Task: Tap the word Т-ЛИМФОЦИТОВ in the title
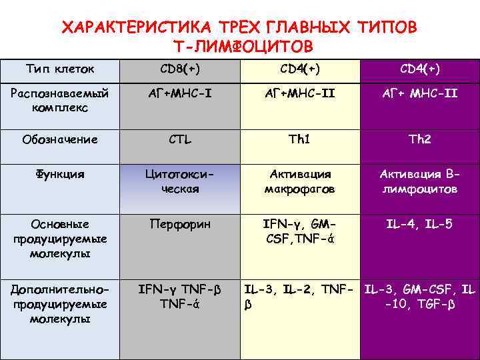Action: pyautogui.click(x=242, y=47)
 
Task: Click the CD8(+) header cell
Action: pyautogui.click(x=180, y=69)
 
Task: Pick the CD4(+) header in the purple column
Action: pyautogui.click(x=420, y=69)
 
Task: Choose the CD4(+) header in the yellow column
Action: pyautogui.click(x=299, y=69)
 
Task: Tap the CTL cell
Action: pyautogui.click(x=180, y=139)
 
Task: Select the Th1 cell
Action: pyautogui.click(x=299, y=139)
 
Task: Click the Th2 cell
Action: pyautogui.click(x=420, y=139)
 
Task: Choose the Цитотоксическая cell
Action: pyautogui.click(x=180, y=181)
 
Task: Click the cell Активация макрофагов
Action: pyautogui.click(x=299, y=181)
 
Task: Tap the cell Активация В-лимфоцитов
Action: pyautogui.click(x=420, y=181)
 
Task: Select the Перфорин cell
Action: pyautogui.click(x=180, y=225)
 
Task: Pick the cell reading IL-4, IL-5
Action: pyautogui.click(x=420, y=225)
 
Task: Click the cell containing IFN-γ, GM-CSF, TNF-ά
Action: pyautogui.click(x=299, y=231)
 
